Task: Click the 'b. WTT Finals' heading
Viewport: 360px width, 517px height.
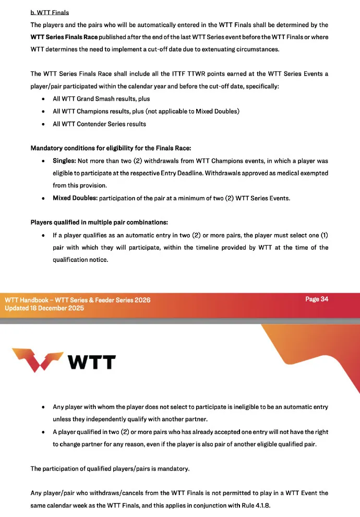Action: [x=50, y=12]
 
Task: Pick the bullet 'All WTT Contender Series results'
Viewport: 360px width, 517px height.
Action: [x=99, y=124]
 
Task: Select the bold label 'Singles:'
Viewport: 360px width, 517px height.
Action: [x=64, y=161]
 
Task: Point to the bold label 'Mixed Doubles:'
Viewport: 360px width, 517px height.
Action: [x=75, y=198]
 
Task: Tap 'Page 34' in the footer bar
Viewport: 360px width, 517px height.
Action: [x=317, y=299]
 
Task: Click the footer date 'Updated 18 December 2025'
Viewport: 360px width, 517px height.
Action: [x=44, y=308]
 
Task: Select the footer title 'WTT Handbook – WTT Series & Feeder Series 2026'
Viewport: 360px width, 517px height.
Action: [x=78, y=300]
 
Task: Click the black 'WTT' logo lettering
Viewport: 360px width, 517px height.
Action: [x=92, y=361]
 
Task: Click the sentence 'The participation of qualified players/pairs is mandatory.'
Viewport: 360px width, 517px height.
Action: [x=110, y=468]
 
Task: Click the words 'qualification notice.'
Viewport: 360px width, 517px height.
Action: [x=80, y=259]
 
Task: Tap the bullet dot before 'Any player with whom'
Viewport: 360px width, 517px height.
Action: [x=42, y=407]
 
